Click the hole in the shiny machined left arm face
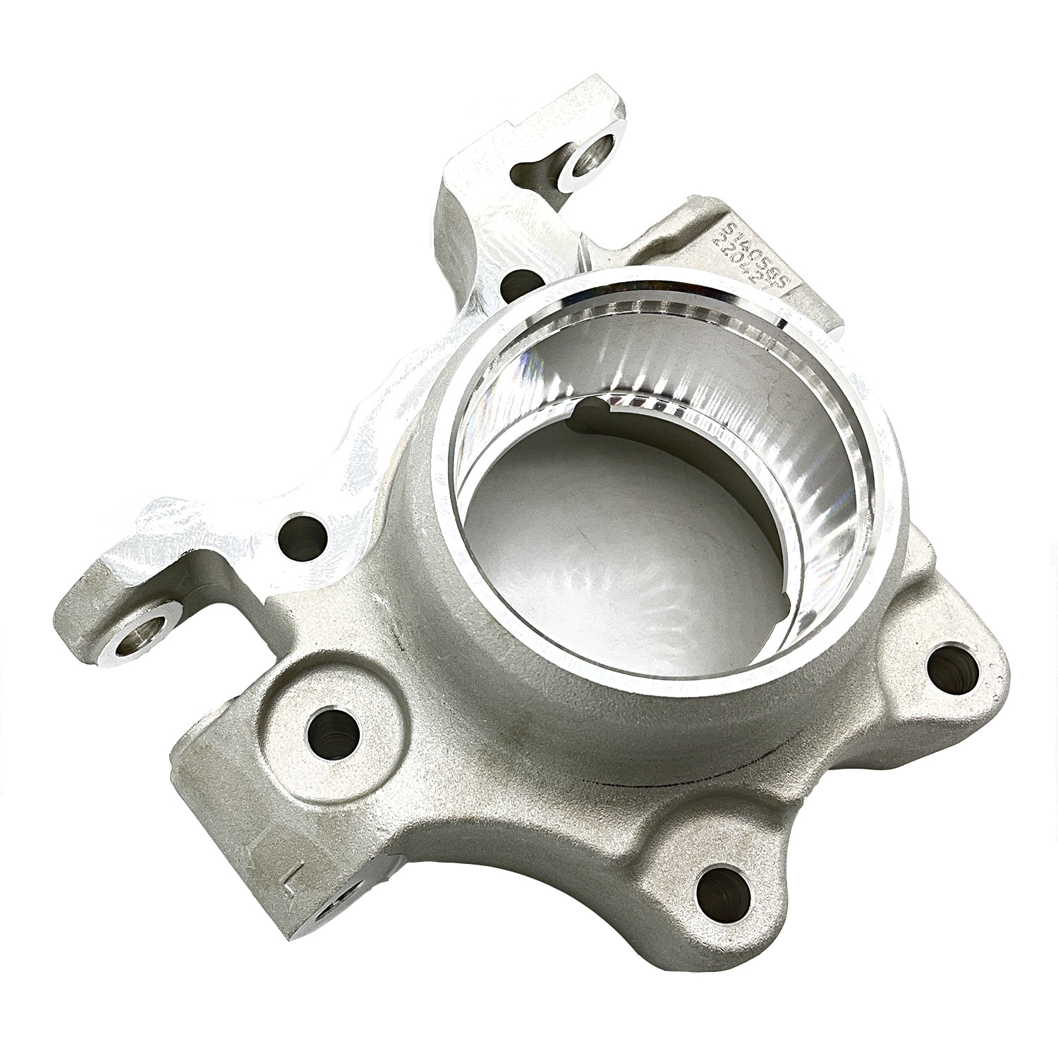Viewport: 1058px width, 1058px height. (x=304, y=537)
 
